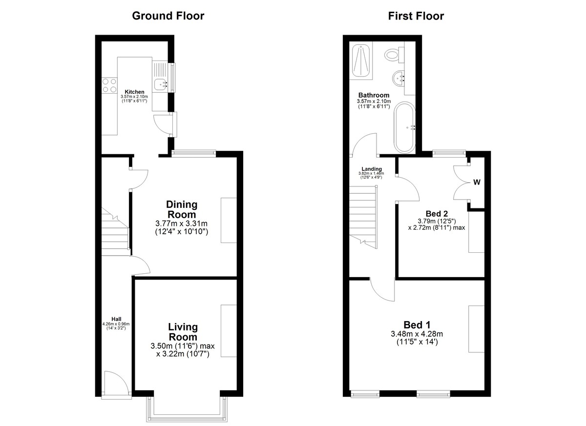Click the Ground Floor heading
168,16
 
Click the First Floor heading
416,16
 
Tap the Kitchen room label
134,92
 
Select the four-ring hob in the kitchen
109,85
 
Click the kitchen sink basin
160,84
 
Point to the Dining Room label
182,209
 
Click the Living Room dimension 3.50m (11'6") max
183,346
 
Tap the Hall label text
116,319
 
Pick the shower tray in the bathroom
361,61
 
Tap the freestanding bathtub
404,127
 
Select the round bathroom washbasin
398,78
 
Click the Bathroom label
374,95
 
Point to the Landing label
372,169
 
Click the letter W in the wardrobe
477,183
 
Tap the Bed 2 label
437,214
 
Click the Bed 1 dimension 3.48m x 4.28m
417,334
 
